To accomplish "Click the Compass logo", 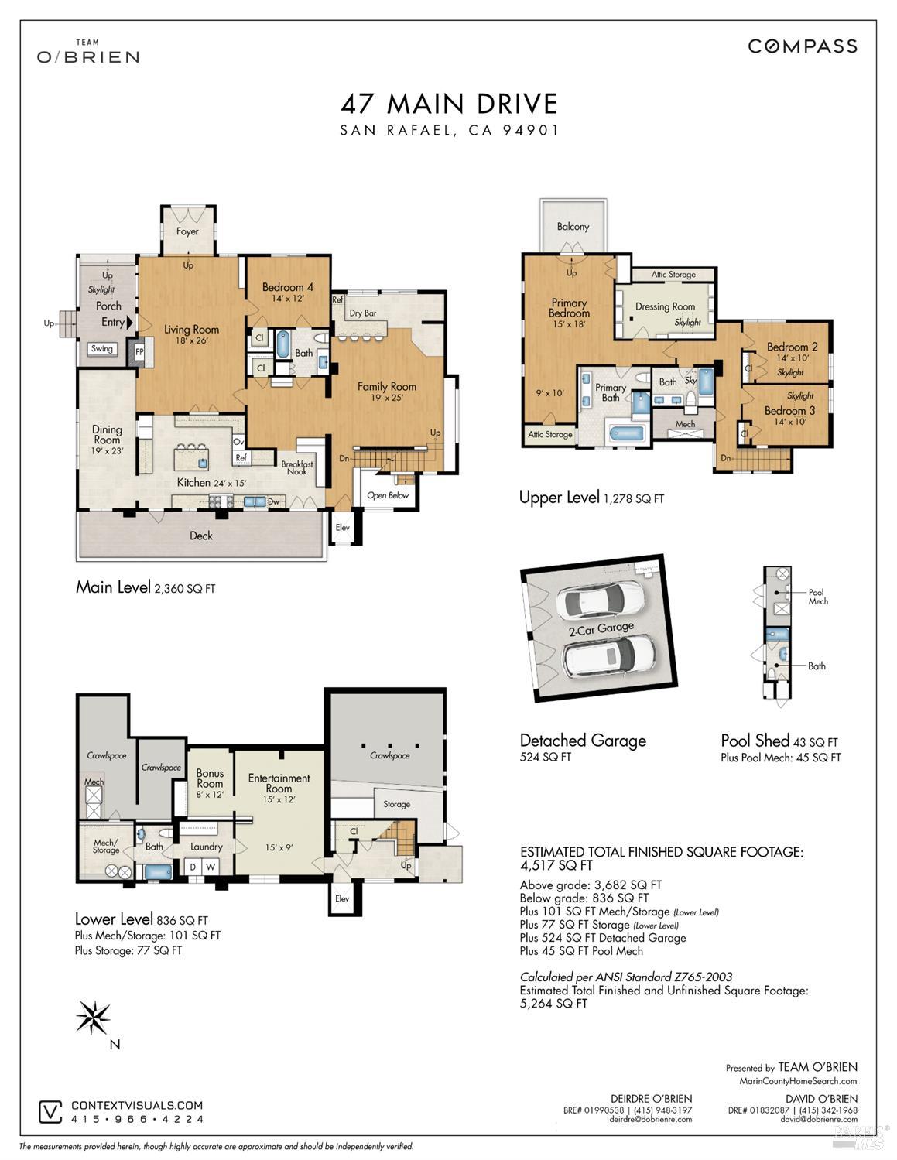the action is point(803,46).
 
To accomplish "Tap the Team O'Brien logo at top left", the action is point(88,51).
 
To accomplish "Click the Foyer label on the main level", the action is point(187,231).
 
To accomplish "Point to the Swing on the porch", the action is point(102,349).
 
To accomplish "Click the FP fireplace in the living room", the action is point(139,352).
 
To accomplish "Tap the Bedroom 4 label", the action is point(288,286).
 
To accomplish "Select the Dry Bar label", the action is point(362,313).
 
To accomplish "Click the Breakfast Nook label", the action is point(297,467).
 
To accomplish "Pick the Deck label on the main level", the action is point(201,536).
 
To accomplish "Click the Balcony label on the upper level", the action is point(573,226).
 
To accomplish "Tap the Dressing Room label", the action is point(665,306).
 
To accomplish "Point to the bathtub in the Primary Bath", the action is point(626,433).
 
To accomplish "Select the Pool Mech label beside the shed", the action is point(817,597).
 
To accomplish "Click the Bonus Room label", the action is point(210,778).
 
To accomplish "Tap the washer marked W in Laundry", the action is point(211,867).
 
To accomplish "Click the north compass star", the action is point(93,1016).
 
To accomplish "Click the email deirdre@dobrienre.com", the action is point(650,1120).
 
